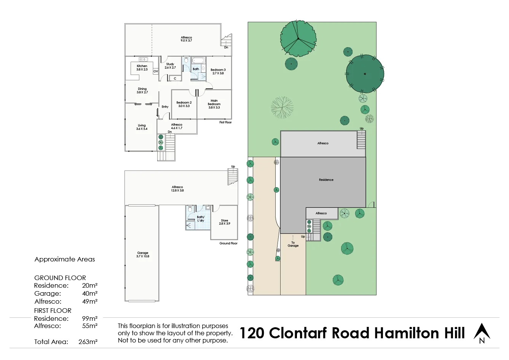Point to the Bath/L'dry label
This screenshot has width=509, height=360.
(201, 219)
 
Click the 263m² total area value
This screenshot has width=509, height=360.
(88, 342)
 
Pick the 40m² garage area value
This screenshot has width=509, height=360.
(89, 293)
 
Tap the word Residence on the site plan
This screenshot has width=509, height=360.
(326, 180)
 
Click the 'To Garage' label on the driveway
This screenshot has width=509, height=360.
(293, 244)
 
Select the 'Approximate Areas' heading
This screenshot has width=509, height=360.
(65, 259)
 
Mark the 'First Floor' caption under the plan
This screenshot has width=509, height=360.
(225, 122)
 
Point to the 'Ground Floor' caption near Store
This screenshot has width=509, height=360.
(228, 243)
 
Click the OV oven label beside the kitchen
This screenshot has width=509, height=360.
(156, 72)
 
